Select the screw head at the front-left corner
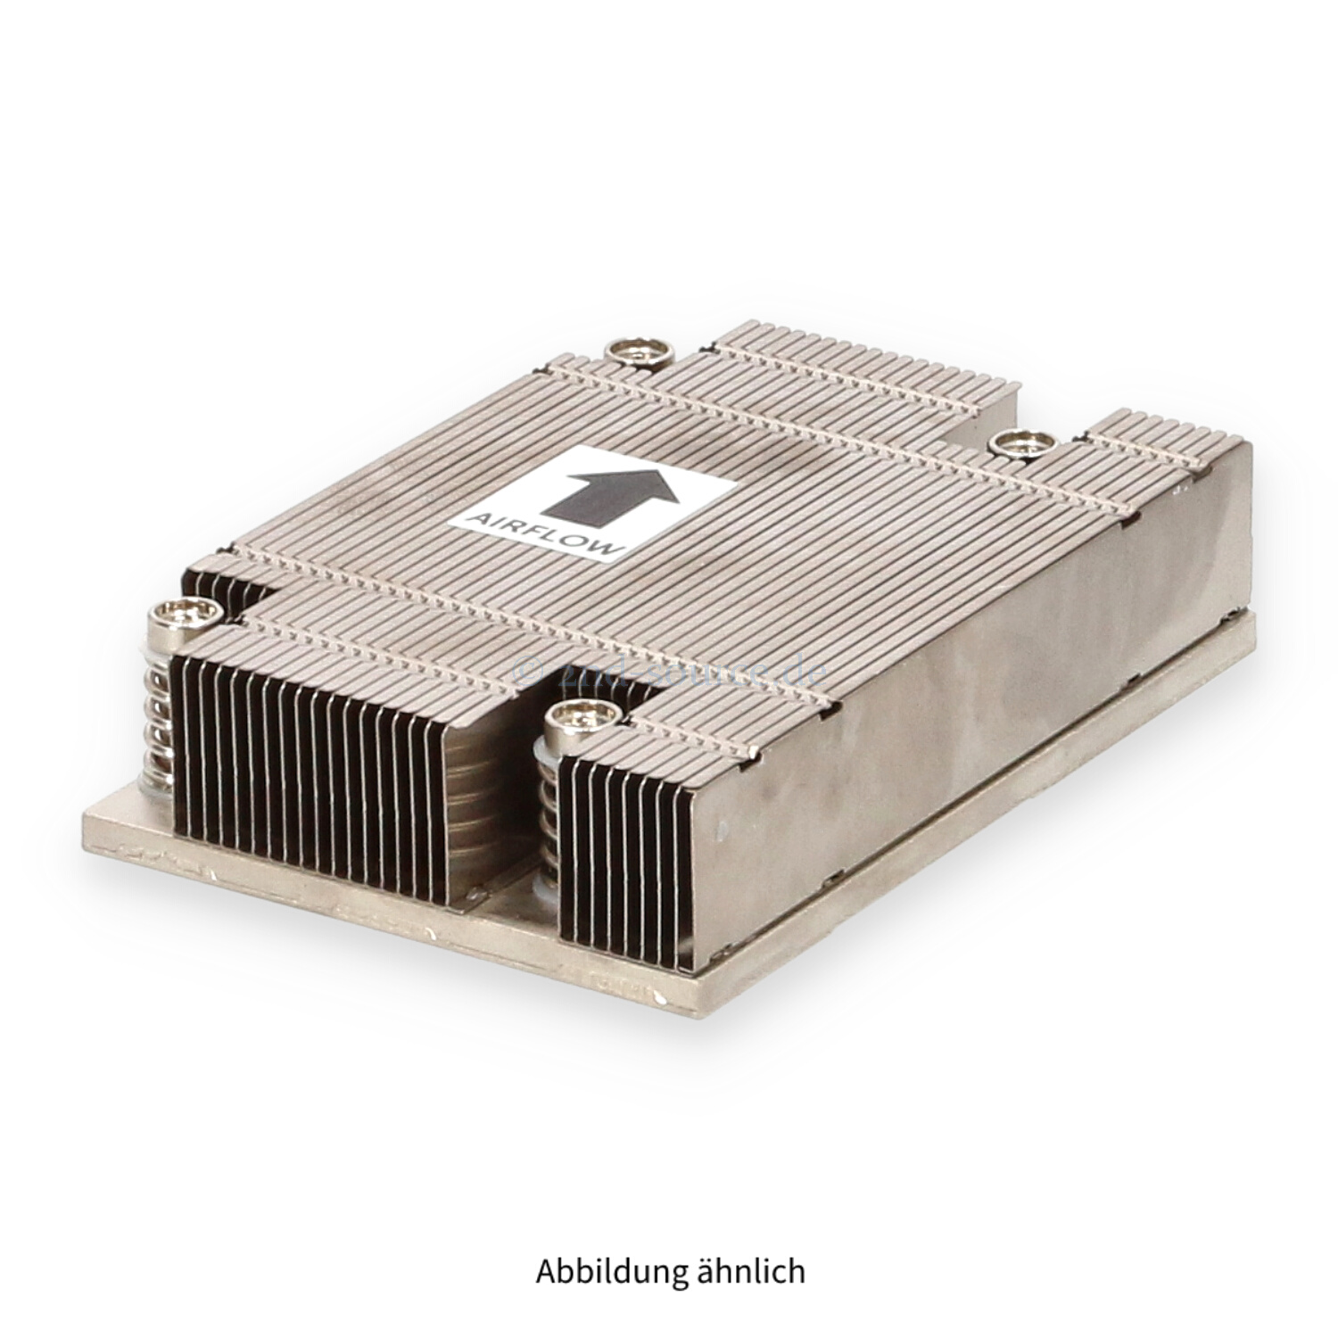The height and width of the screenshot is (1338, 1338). (186, 614)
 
